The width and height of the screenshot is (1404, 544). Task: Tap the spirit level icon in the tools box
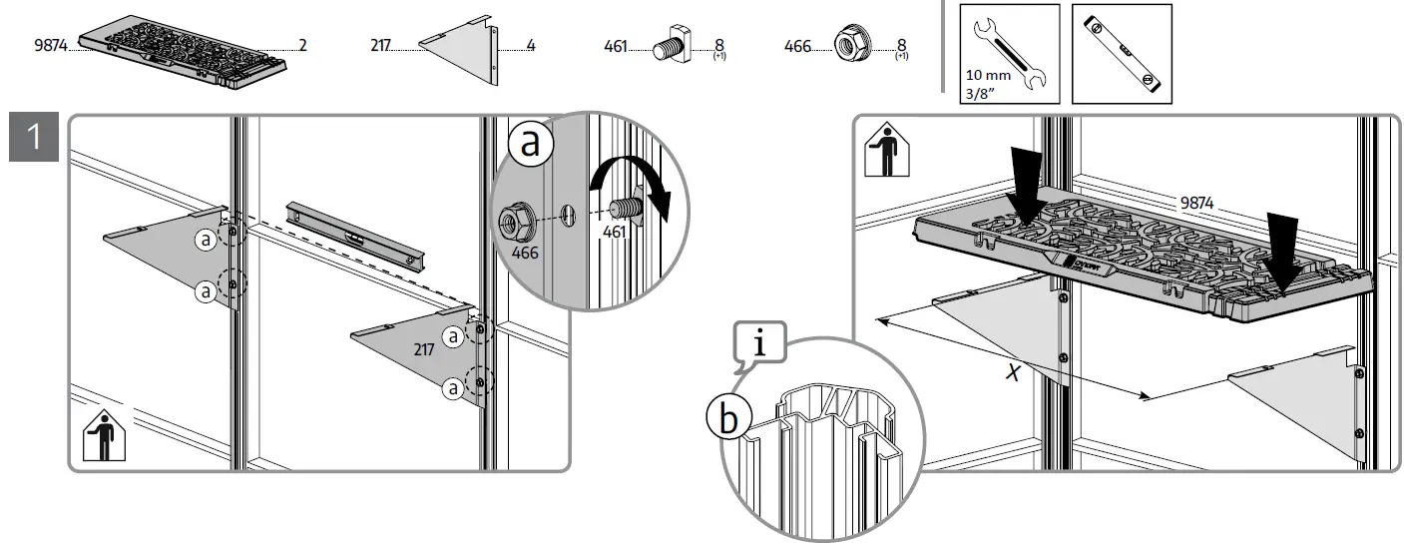click(1122, 53)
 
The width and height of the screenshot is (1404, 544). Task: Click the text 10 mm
click(989, 75)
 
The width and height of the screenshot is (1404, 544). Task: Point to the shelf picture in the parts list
click(184, 49)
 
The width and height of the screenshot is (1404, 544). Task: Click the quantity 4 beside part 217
click(530, 46)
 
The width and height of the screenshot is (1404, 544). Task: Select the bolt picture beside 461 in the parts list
click(666, 47)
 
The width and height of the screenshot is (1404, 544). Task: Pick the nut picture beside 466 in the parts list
click(844, 46)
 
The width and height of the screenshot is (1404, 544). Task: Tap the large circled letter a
click(531, 143)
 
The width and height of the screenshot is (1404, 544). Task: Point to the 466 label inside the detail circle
click(525, 253)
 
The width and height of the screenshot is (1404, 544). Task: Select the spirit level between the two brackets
click(355, 233)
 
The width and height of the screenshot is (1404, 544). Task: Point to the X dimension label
click(1014, 372)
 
